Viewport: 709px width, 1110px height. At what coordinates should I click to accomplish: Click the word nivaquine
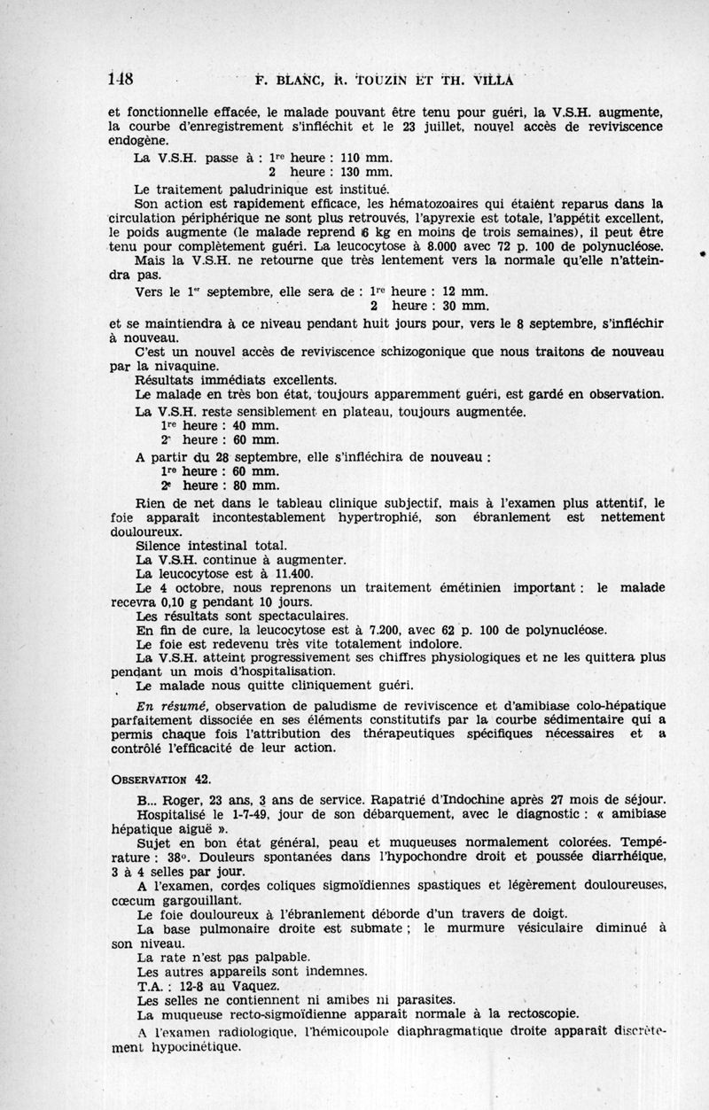coord(178,365)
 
